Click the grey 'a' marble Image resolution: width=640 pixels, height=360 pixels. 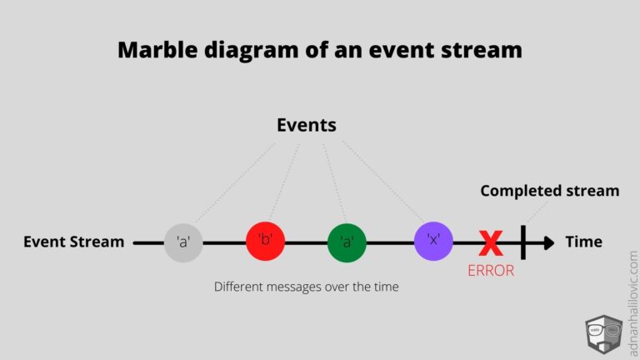pyautogui.click(x=182, y=242)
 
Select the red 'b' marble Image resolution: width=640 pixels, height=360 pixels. pyautogui.click(x=266, y=242)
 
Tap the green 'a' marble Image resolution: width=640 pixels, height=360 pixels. pyautogui.click(x=347, y=242)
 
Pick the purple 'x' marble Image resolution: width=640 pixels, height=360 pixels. pyautogui.click(x=433, y=242)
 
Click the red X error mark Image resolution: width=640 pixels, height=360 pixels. pyautogui.click(x=491, y=243)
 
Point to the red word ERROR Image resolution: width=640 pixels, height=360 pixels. pyautogui.click(x=491, y=271)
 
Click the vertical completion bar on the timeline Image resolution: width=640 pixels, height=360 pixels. pyautogui.click(x=522, y=242)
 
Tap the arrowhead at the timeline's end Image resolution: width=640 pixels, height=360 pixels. pyautogui.click(x=547, y=242)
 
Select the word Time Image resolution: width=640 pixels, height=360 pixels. pyautogui.click(x=583, y=242)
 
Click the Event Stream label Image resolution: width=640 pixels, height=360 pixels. pyautogui.click(x=73, y=242)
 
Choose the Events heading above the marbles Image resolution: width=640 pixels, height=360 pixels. pyautogui.click(x=306, y=125)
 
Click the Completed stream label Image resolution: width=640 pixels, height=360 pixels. pyautogui.click(x=549, y=191)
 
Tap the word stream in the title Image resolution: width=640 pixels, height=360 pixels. pyautogui.click(x=483, y=50)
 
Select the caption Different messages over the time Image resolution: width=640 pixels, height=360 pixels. pyautogui.click(x=306, y=287)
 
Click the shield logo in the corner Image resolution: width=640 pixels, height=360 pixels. pyautogui.click(x=604, y=335)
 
